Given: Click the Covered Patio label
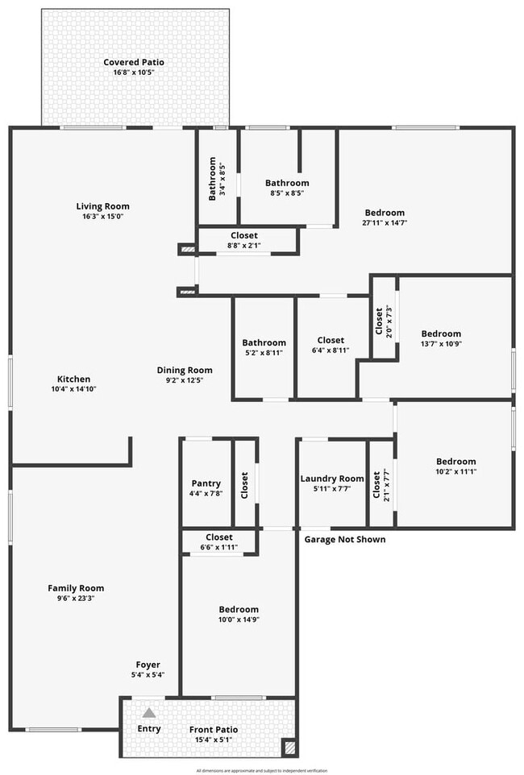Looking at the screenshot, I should pyautogui.click(x=134, y=63).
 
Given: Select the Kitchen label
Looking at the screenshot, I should pyautogui.click(x=73, y=379).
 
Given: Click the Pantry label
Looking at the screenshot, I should pyautogui.click(x=206, y=483).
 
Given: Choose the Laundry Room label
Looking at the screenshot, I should pyautogui.click(x=332, y=479).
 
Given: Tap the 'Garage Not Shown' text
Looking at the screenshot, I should pyautogui.click(x=345, y=539).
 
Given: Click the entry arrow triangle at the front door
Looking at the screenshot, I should pyautogui.click(x=149, y=712).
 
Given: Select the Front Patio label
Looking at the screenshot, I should pyautogui.click(x=214, y=730).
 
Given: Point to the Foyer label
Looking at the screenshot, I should pyautogui.click(x=148, y=665).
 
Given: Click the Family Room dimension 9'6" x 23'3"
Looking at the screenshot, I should pyautogui.click(x=76, y=598).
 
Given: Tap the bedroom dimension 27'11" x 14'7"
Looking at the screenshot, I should pyautogui.click(x=385, y=223).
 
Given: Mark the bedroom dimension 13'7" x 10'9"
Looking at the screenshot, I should pyautogui.click(x=441, y=343).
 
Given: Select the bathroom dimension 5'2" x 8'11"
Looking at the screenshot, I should pyautogui.click(x=264, y=352).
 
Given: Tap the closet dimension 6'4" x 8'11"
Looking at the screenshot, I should pyautogui.click(x=331, y=350).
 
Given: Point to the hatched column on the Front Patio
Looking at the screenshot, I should pyautogui.click(x=289, y=748).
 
